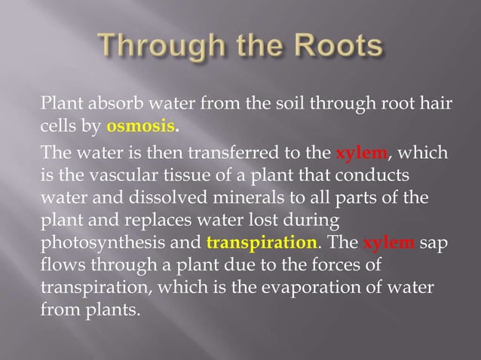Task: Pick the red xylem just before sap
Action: (389, 244)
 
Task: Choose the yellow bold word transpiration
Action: (261, 244)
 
